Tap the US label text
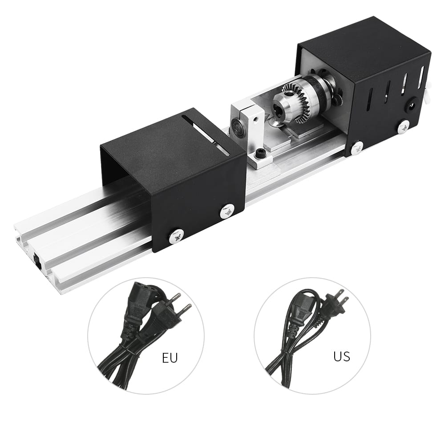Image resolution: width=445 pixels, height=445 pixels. tap(341, 356)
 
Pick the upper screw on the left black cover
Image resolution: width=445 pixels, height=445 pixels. tap(227, 210)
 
